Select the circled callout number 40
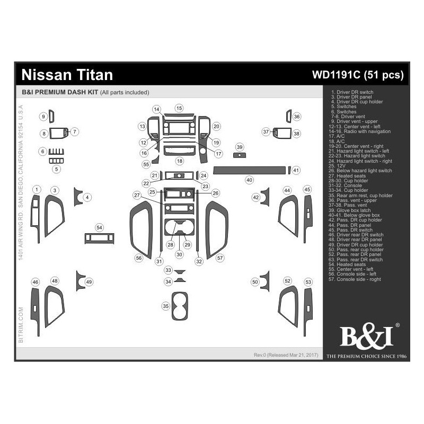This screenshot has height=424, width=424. pyautogui.click(x=249, y=180)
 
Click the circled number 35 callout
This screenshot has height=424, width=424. pyautogui.click(x=166, y=306)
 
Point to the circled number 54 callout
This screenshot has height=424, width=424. pyautogui.click(x=99, y=227)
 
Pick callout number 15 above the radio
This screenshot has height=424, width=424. pyautogui.click(x=179, y=108)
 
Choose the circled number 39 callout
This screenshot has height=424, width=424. pyautogui.click(x=240, y=147)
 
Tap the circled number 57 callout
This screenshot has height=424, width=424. pyautogui.click(x=220, y=258)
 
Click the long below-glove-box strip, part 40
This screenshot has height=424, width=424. pyautogui.click(x=249, y=170)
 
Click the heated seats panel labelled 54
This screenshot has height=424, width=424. pyautogui.click(x=99, y=238)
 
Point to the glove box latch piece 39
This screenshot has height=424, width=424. pyautogui.click(x=240, y=155)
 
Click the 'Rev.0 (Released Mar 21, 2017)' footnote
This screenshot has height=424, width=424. pyautogui.click(x=286, y=354)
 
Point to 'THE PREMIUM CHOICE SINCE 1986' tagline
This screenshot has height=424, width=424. pyautogui.click(x=366, y=356)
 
